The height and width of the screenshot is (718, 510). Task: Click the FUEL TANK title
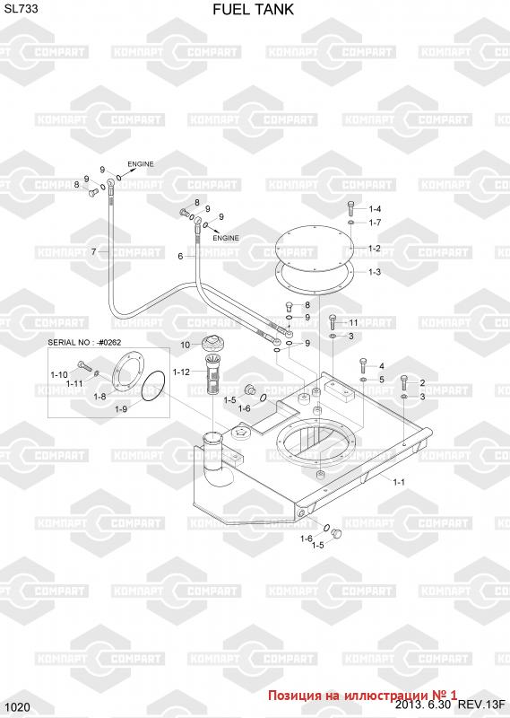point(253,10)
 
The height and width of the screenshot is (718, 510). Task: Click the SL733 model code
point(21,8)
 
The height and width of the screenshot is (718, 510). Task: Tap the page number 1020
point(18,707)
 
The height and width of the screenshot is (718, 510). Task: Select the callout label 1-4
point(375,209)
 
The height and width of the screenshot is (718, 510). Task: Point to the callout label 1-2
point(374,249)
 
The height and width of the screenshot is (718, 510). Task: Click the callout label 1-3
point(374,272)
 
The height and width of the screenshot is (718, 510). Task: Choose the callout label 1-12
point(181,372)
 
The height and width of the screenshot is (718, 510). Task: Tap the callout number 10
point(185,345)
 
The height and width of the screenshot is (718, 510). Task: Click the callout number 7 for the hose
point(93,252)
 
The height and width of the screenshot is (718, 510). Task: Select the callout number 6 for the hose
point(180,257)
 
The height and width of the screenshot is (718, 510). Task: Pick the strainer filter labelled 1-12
point(212,372)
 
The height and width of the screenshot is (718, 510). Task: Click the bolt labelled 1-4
point(350,208)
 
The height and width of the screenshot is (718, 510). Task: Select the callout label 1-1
point(398,482)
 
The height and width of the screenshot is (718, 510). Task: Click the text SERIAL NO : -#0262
point(84,342)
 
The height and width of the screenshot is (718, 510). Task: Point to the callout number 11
point(353,323)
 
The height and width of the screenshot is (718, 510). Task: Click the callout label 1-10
point(59,375)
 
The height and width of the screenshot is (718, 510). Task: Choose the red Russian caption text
point(362,695)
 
